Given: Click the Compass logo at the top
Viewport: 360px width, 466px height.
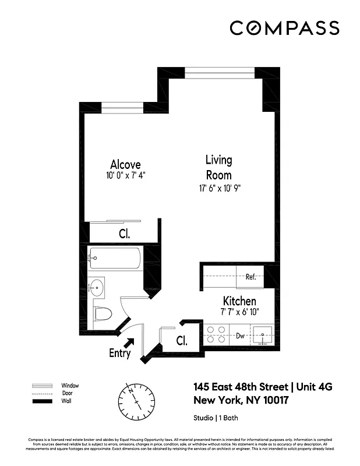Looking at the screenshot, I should pyautogui.click(x=284, y=28).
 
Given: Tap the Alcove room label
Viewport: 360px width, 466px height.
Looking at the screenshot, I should pyautogui.click(x=125, y=165).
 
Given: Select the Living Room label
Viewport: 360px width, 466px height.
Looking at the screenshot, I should pyautogui.click(x=218, y=167).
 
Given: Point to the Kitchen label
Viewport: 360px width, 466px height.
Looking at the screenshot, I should pyautogui.click(x=239, y=301).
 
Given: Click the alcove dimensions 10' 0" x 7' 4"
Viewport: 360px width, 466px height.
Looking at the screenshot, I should pyautogui.click(x=125, y=175).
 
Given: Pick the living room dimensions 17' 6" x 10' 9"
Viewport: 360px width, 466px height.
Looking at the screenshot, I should pyautogui.click(x=218, y=188).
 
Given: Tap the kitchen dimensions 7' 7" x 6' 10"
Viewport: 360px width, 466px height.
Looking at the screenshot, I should pyautogui.click(x=239, y=312).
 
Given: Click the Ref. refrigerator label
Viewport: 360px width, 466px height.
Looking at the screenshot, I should pyautogui.click(x=250, y=277).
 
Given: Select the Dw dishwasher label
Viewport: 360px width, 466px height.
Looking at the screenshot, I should pyautogui.click(x=239, y=336).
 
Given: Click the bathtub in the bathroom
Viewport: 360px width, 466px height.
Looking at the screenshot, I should pyautogui.click(x=115, y=258).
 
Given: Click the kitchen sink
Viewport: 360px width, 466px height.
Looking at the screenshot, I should pyautogui.click(x=266, y=336).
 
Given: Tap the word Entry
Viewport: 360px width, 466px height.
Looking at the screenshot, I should pyautogui.click(x=119, y=354).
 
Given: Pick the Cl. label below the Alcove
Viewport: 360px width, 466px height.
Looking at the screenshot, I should pyautogui.click(x=124, y=234).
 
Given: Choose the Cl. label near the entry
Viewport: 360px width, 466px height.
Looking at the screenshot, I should pyautogui.click(x=181, y=341).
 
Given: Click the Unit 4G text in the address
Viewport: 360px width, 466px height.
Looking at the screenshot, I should pyautogui.click(x=315, y=387).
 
